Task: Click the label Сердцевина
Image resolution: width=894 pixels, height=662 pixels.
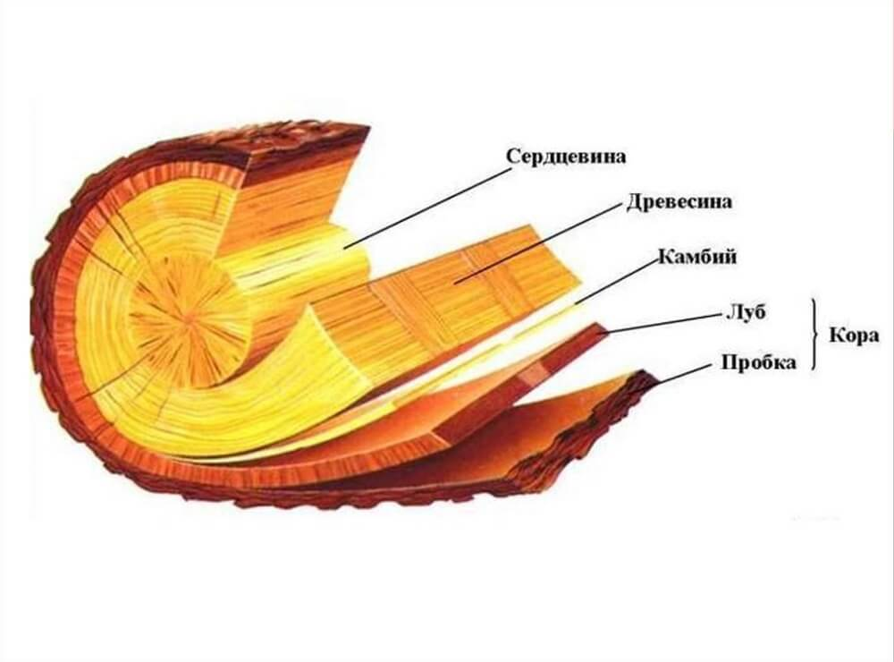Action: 566,156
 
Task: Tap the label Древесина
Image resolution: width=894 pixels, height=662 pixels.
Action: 679,201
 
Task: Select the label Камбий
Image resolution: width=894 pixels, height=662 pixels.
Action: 697,256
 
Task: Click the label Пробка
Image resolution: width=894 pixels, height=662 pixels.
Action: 758,362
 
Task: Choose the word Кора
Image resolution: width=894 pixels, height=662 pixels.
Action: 854,335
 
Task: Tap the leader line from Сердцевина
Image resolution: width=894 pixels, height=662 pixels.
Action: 426,208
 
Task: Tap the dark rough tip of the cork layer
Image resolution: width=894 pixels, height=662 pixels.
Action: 645,381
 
